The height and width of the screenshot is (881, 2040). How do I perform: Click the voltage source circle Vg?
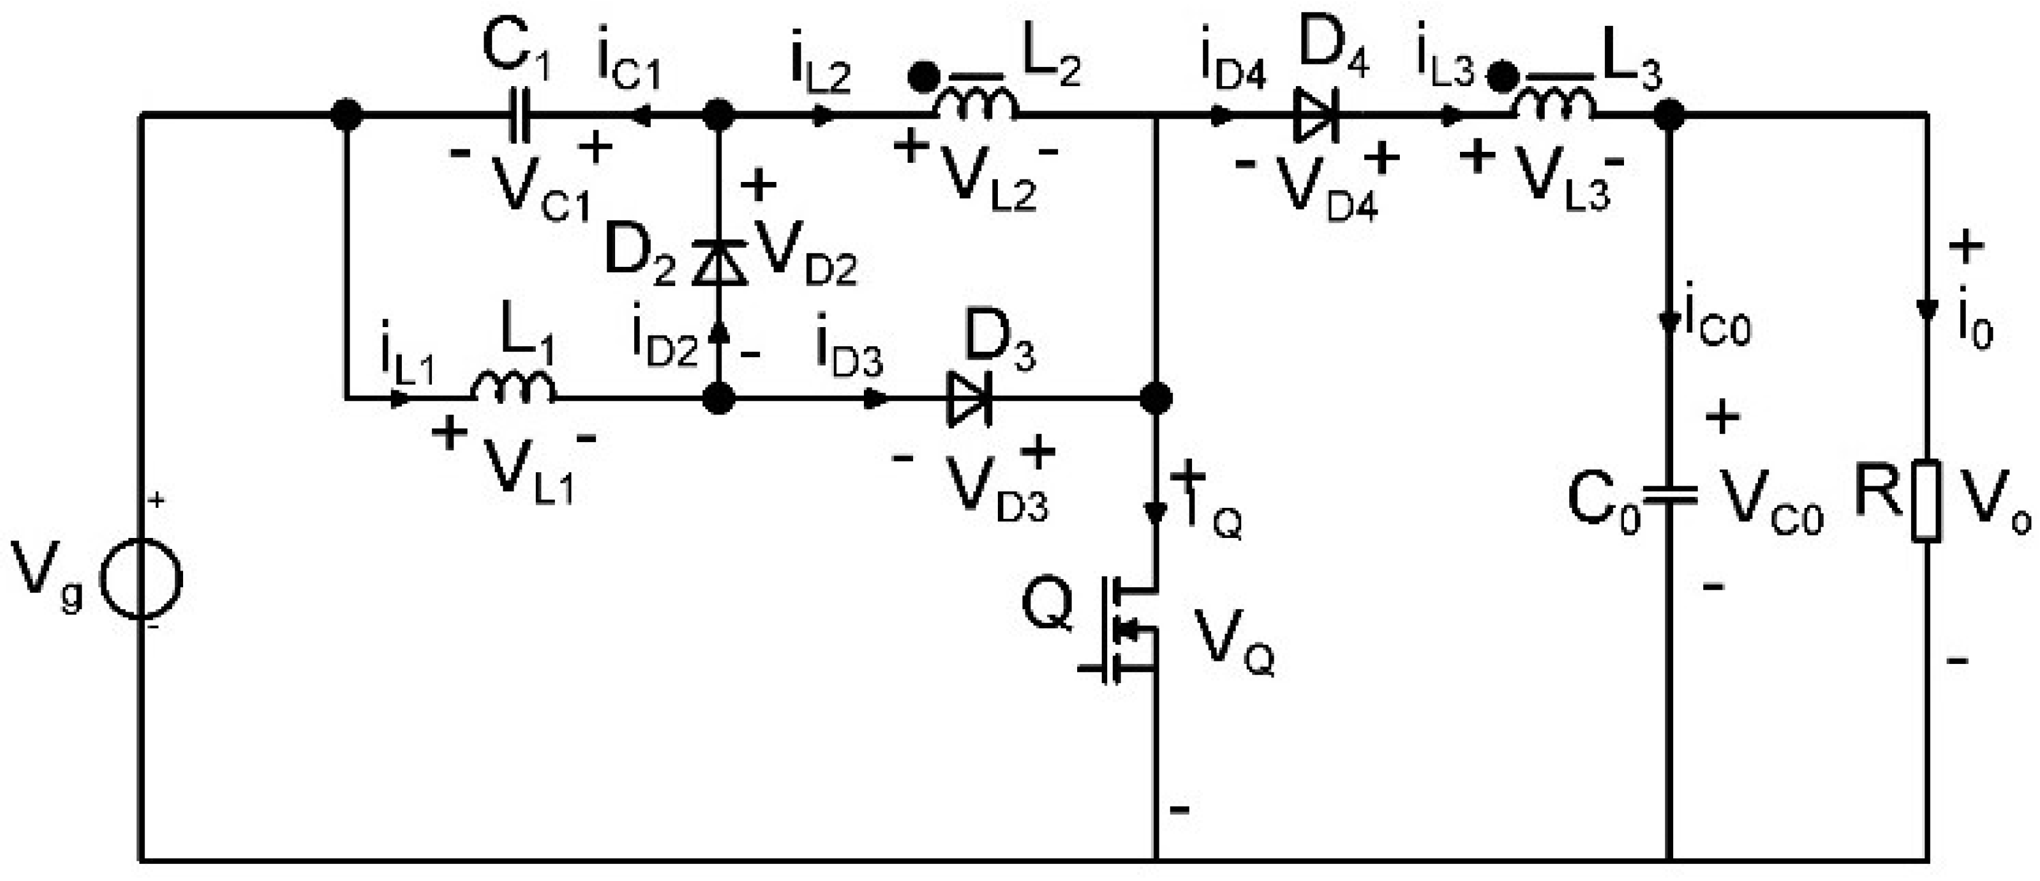[x=142, y=579]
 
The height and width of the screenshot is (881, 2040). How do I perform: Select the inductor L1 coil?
[x=513, y=388]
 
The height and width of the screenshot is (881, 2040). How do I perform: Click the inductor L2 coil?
[x=976, y=105]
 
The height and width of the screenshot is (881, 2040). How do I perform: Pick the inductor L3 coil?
[x=1554, y=105]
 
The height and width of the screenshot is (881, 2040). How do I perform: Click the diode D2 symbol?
[x=719, y=264]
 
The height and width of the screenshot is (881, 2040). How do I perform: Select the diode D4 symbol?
[x=1316, y=116]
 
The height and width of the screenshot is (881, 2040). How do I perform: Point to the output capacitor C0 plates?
[x=1669, y=497]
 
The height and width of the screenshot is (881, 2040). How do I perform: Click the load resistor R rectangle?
[x=1926, y=500]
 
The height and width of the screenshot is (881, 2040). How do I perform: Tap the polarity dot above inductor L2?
[x=922, y=77]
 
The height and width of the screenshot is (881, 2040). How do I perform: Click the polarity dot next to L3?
[x=1502, y=77]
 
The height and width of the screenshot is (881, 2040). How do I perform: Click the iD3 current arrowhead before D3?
[x=875, y=398]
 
